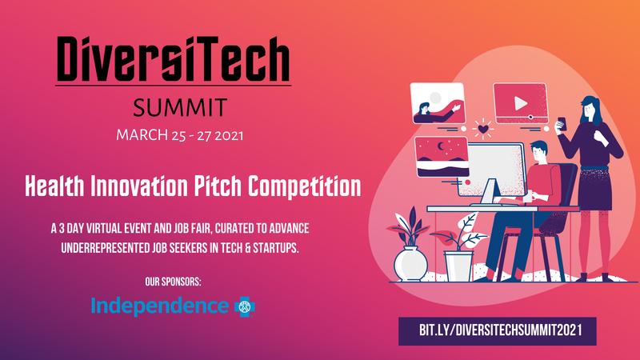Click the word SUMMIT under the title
179,108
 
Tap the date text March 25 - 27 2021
179,135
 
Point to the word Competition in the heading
305,186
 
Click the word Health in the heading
54,186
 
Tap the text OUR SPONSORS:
173,282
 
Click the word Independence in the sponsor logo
159,306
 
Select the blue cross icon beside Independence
245,307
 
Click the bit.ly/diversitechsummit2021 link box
497,331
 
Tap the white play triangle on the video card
521,103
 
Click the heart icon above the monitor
483,130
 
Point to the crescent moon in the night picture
441,146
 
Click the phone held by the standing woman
562,124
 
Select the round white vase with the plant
410,264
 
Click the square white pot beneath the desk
458,266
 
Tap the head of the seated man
538,150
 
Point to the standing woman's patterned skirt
596,188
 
